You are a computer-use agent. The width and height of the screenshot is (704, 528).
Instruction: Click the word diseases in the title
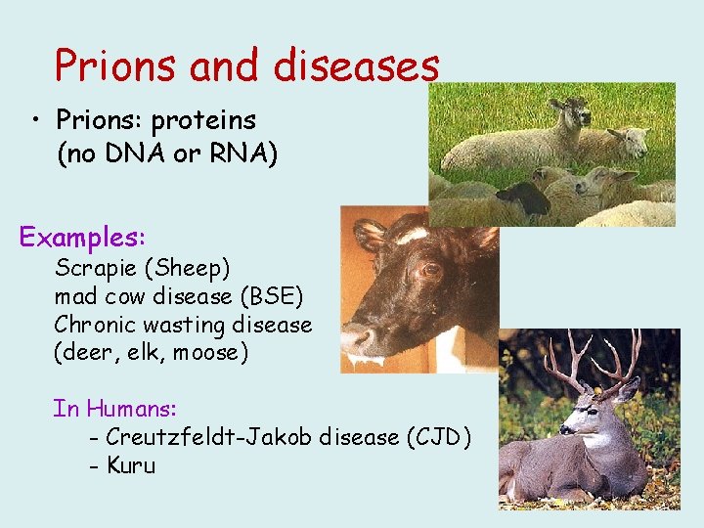click(357, 66)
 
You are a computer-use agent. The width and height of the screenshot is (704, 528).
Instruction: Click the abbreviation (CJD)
click(437, 437)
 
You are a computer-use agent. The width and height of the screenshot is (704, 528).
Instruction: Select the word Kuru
click(131, 465)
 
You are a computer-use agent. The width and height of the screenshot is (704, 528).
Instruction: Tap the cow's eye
click(426, 269)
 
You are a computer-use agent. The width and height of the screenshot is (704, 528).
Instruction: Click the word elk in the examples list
click(135, 352)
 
